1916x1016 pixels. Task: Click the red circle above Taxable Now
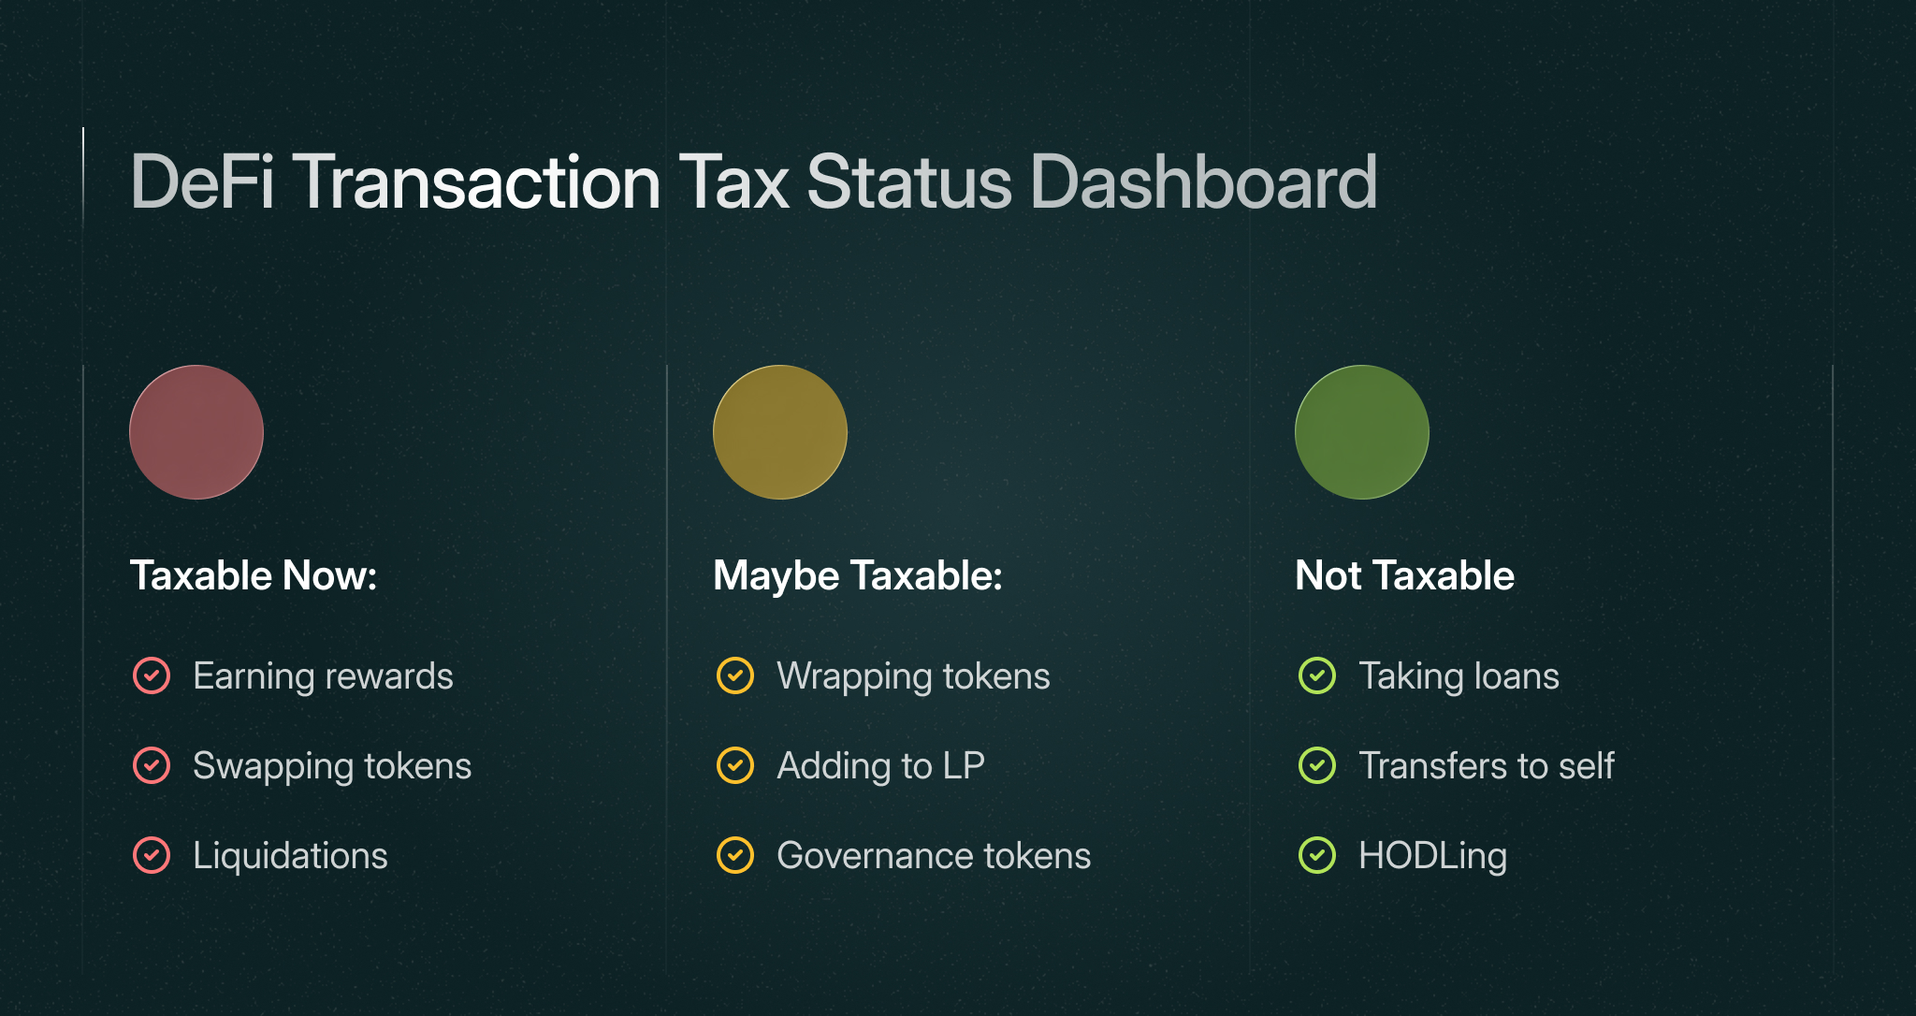tap(196, 432)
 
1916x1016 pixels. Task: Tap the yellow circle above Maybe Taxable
tap(780, 432)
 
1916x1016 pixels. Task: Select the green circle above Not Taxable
tap(1362, 432)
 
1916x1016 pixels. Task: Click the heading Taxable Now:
tap(254, 575)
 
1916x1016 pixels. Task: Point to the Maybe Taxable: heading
tap(858, 575)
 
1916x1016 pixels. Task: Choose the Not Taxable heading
tap(1404, 575)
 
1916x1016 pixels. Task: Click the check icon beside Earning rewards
tap(152, 675)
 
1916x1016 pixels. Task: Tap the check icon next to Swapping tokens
tap(152, 765)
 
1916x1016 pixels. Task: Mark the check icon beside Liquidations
tap(152, 855)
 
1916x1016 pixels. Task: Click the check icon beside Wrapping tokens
tap(735, 675)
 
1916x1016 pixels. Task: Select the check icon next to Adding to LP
tap(735, 765)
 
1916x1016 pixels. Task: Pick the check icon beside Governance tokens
tap(735, 855)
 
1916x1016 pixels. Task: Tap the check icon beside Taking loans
tap(1317, 675)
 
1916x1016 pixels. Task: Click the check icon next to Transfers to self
tap(1317, 765)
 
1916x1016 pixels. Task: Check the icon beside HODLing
tap(1317, 855)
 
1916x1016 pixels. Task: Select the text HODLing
tap(1432, 856)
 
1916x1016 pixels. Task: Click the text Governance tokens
tap(934, 856)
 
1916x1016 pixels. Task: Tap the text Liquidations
tap(290, 856)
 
